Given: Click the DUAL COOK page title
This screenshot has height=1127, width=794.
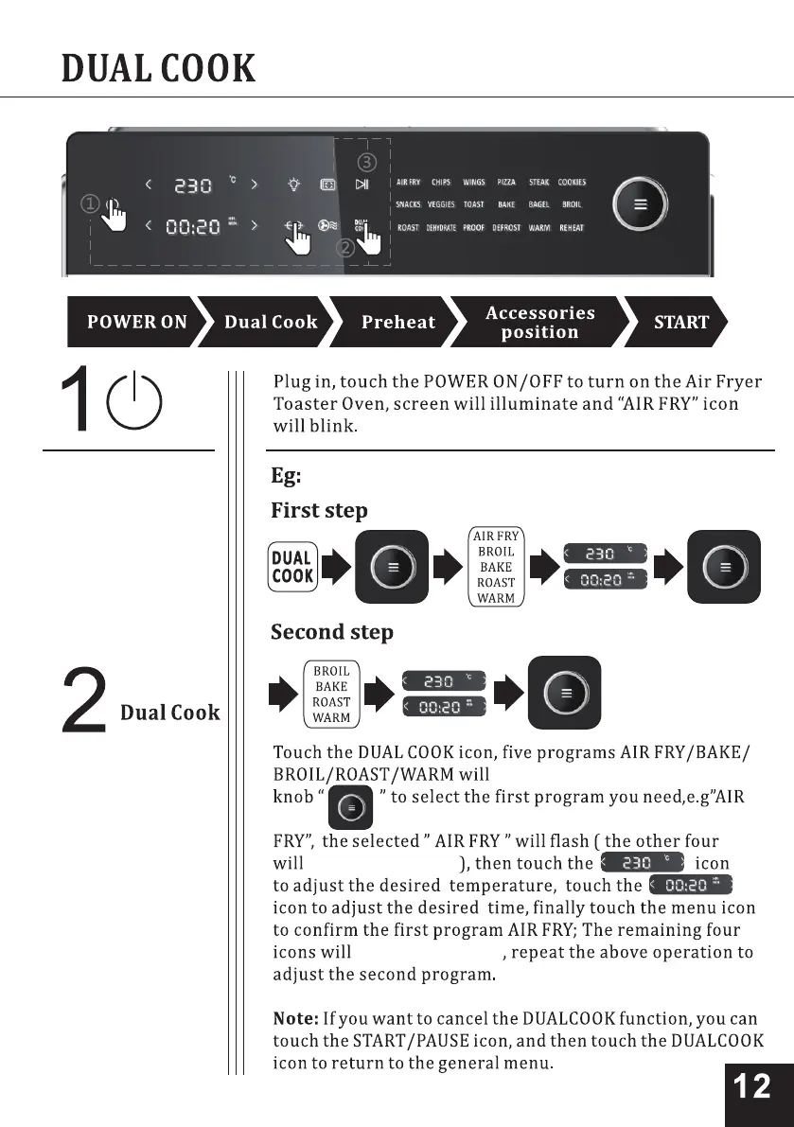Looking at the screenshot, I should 158,68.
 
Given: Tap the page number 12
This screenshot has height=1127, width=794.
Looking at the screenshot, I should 752,1086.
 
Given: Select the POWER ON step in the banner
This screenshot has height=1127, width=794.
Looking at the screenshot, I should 136,323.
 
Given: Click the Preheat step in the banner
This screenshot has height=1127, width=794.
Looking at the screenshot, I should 397,323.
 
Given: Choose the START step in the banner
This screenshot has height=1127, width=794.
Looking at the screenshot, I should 680,323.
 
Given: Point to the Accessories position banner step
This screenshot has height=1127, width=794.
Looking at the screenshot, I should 539,323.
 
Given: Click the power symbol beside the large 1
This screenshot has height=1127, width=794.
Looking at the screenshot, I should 133,401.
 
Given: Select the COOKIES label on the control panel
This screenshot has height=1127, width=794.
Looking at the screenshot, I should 572,183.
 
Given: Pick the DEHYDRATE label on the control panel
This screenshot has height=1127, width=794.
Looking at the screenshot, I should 441,228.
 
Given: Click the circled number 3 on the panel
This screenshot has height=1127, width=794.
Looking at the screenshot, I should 366,162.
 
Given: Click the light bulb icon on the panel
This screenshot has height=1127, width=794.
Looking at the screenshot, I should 295,185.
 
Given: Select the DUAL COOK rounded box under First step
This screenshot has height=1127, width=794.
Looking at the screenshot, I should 291,567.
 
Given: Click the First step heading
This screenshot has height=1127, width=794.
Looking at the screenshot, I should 319,511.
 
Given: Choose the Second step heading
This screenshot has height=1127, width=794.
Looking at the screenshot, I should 331,632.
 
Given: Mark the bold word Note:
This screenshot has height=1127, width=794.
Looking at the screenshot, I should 294,1019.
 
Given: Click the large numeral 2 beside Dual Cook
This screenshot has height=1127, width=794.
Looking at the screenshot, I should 84,701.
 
